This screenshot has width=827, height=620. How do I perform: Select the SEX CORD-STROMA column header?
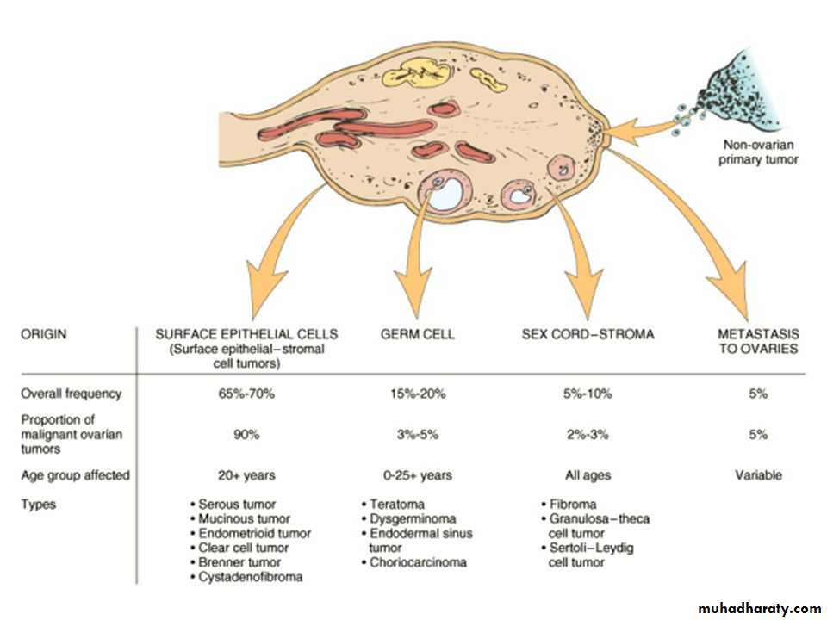coord(588,333)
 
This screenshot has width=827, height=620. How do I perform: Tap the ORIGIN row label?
coord(45,333)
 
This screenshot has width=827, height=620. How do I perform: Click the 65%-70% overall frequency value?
coord(246,394)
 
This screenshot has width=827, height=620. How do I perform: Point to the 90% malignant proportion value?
coord(246,435)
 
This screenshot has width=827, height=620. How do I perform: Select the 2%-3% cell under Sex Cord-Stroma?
coord(588,435)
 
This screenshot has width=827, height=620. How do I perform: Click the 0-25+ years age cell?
coord(417,474)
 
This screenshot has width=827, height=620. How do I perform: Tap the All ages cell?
coord(588,474)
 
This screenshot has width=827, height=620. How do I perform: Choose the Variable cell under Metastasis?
coord(758,474)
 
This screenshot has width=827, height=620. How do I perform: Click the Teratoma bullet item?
coord(395,504)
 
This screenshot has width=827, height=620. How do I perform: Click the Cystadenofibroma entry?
coord(249,577)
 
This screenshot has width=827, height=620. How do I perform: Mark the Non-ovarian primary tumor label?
coord(760,152)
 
